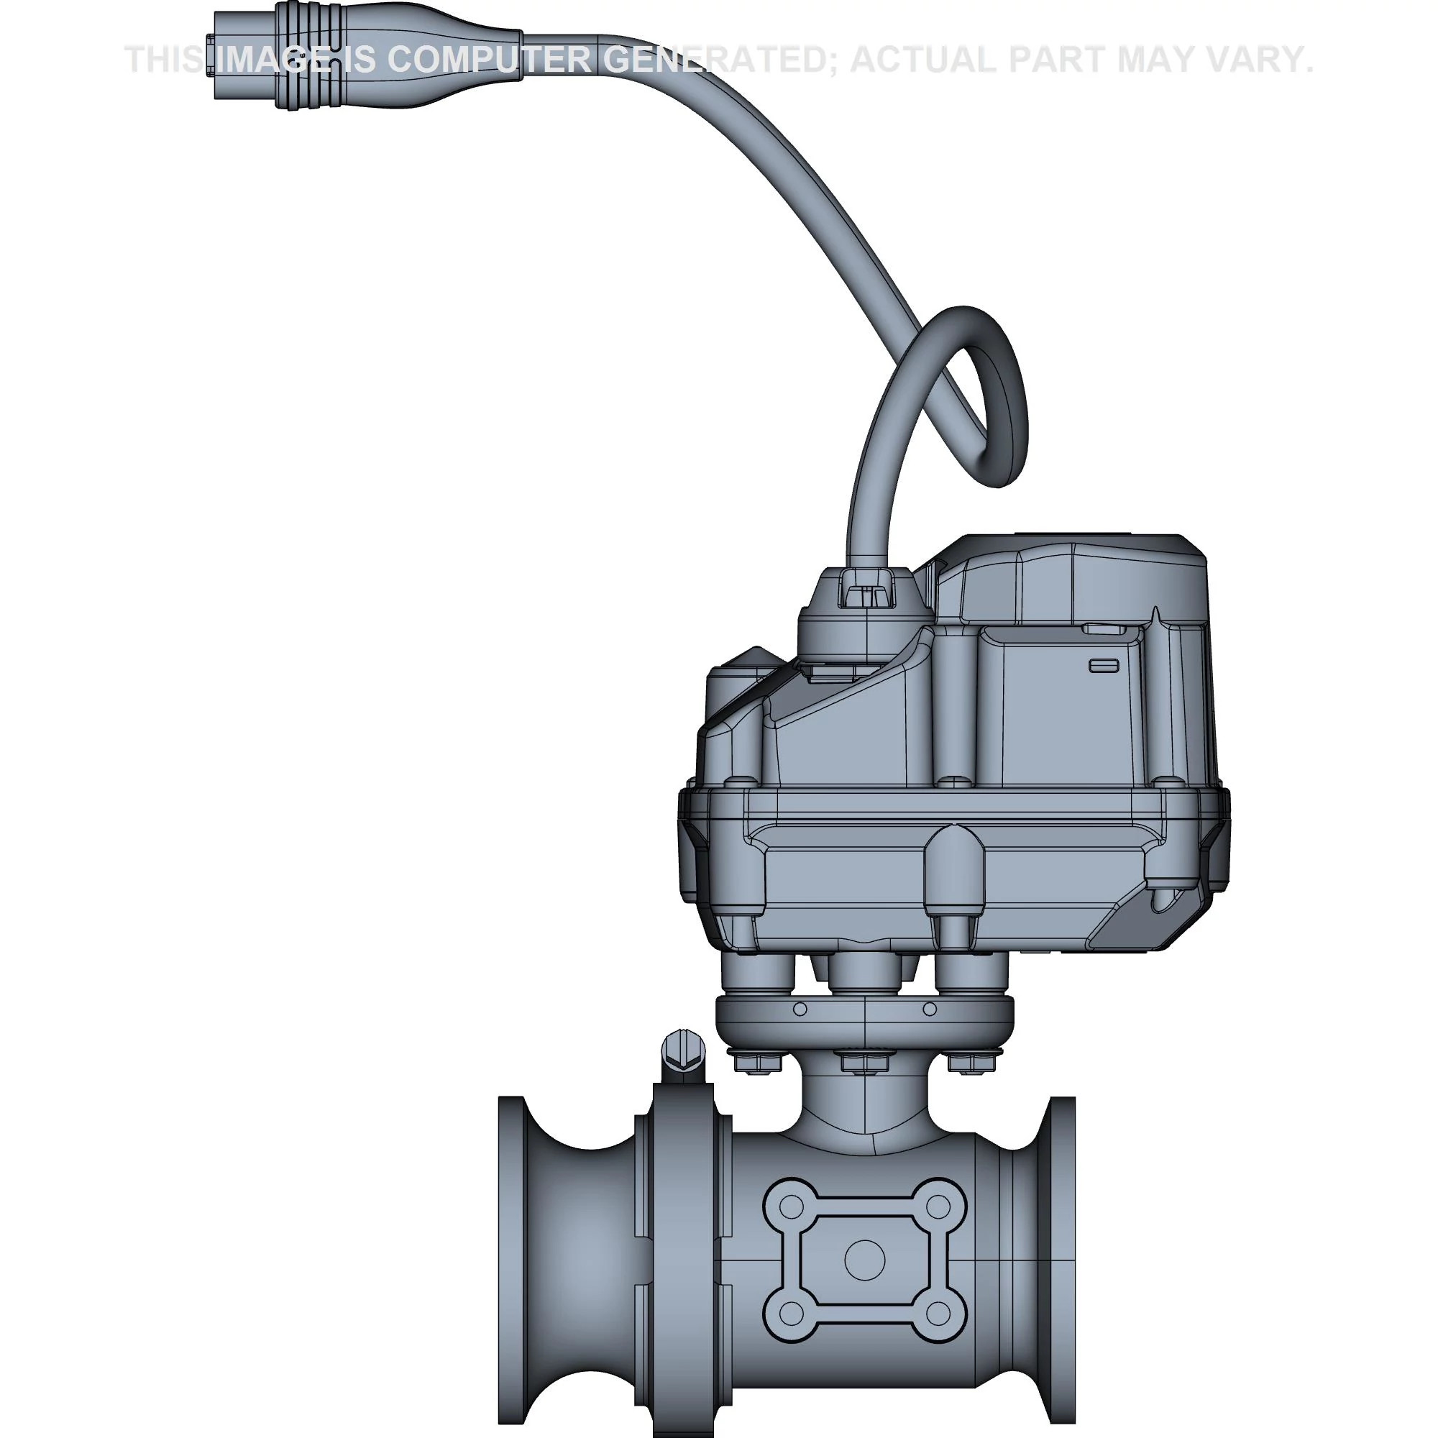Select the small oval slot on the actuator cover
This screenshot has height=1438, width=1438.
click(x=1104, y=664)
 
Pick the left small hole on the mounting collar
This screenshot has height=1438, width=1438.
click(x=800, y=1009)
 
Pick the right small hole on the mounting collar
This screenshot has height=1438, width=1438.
click(x=929, y=1009)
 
